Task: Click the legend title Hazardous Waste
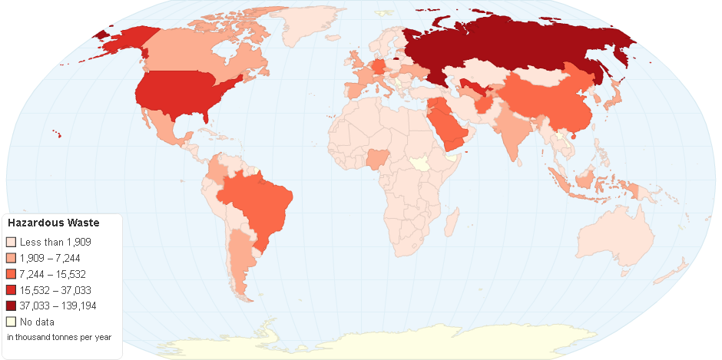pyautogui.click(x=53, y=223)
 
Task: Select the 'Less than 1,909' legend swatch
pyautogui.click(x=12, y=243)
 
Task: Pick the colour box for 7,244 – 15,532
pyautogui.click(x=12, y=274)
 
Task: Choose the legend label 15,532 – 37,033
pyautogui.click(x=61, y=290)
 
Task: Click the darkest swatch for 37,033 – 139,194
pyautogui.click(x=12, y=306)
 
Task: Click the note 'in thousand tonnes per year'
pyautogui.click(x=59, y=337)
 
